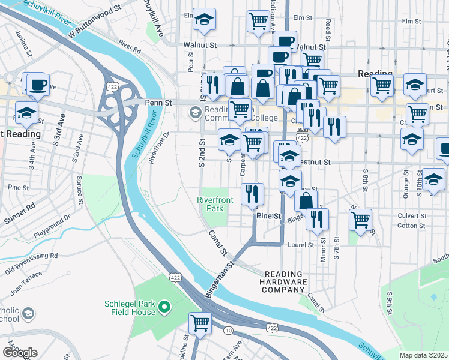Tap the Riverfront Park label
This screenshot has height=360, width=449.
[x=210, y=204]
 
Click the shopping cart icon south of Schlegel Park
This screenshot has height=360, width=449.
[x=200, y=323]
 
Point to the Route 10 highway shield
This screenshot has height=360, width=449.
[x=228, y=331]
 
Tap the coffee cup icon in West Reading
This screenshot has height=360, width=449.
[x=38, y=84]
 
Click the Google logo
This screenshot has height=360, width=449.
[x=19, y=352]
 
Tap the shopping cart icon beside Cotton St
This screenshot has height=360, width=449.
[x=360, y=220]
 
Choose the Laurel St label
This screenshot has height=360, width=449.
[x=302, y=245]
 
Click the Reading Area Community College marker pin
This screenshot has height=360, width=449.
[x=196, y=112]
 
